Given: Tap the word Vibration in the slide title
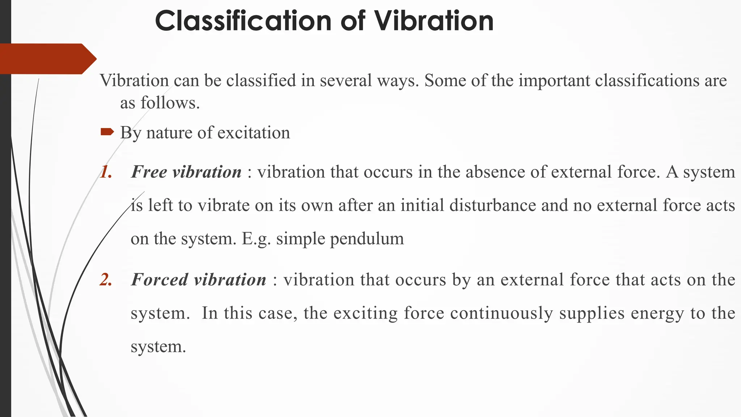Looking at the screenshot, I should pos(433,21).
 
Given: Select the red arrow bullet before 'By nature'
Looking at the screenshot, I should pos(107,132).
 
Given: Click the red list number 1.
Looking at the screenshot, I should pos(106,172).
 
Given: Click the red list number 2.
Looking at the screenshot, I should pos(106,280).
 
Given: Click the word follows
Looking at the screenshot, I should pos(170,103).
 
